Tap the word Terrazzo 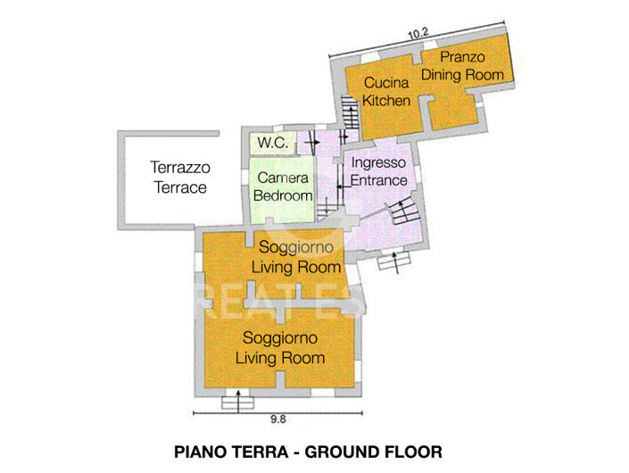[180, 167]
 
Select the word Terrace [180, 187]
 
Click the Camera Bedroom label [283, 187]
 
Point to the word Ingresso [379, 163]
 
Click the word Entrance [379, 180]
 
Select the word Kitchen [386, 100]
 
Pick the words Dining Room [463, 75]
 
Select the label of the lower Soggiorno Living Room [280, 348]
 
